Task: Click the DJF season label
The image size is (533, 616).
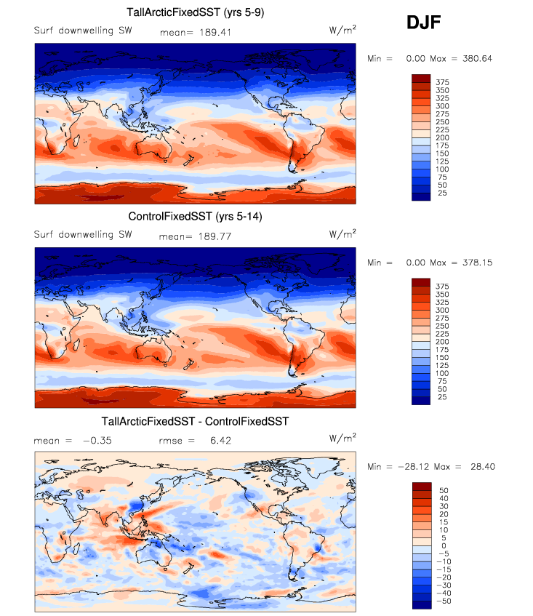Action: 424,24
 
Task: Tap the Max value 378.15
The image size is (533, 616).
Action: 476,263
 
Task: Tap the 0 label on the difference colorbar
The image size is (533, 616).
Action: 443,545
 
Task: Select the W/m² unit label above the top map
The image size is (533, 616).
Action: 342,30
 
